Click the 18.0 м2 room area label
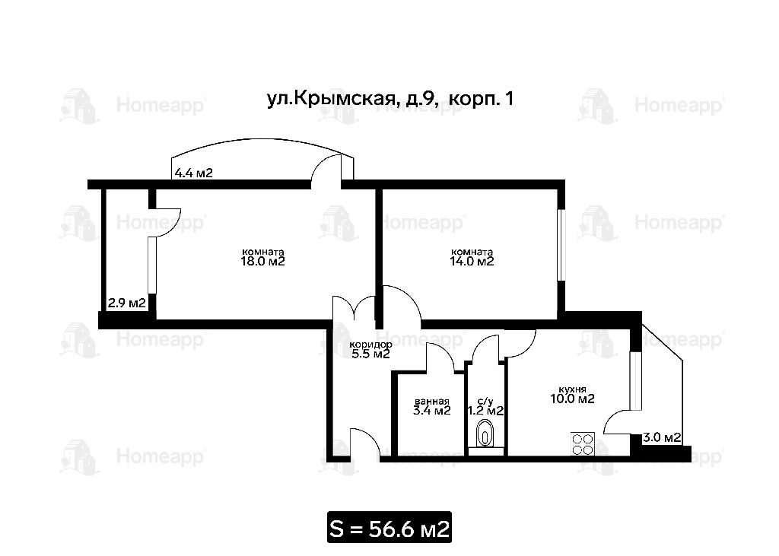point(262,262)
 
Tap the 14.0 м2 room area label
point(472,262)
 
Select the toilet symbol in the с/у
point(485,434)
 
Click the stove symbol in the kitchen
point(582,443)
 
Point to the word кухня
point(572,389)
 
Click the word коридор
point(370,345)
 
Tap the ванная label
point(432,402)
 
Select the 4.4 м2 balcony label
point(194,173)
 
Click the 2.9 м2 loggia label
point(127,303)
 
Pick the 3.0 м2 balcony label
point(662,438)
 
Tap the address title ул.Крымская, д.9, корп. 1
point(390,100)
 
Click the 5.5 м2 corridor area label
point(370,354)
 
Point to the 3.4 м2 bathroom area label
point(432,411)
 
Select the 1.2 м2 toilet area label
point(485,411)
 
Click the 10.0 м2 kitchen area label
point(572,399)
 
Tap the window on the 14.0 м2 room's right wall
point(561,245)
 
